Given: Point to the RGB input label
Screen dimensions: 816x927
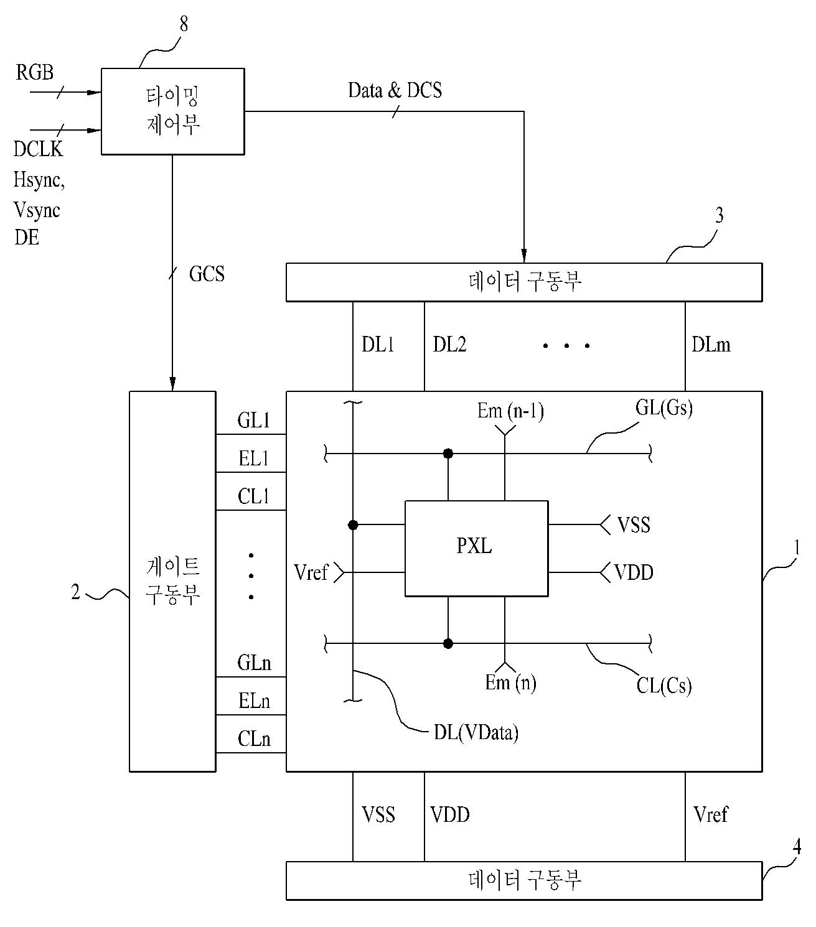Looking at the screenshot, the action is tap(35, 72).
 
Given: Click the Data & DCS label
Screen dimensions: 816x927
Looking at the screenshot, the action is tap(395, 90).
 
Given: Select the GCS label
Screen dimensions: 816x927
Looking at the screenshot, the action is tap(207, 274).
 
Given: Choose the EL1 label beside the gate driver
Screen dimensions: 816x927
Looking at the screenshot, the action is tap(253, 458).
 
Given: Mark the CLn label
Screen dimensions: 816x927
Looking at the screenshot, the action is tap(254, 738).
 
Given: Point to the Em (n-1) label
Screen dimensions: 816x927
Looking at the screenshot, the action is tap(510, 411).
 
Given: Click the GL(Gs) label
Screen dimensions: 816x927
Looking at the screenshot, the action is tap(664, 407).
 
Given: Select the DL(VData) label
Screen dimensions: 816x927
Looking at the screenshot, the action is tap(476, 732).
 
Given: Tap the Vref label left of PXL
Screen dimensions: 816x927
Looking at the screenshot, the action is tap(311, 572).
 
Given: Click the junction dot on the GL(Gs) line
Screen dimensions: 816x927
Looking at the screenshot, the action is tap(448, 454).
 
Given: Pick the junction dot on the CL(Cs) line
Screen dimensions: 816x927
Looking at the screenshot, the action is tap(448, 644).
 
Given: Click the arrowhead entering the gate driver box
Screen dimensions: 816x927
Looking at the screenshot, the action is tap(172, 383).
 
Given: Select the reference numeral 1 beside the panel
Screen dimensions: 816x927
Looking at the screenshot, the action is tap(797, 547).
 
